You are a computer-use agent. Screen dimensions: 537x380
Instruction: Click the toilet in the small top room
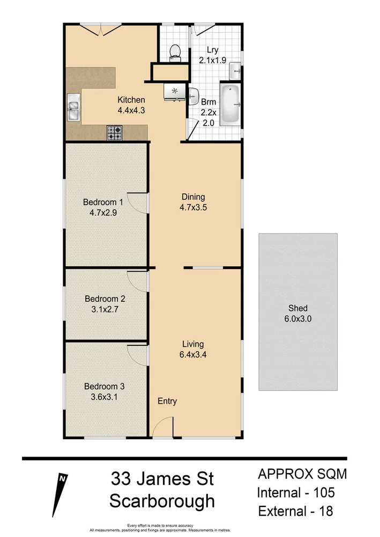click(175, 52)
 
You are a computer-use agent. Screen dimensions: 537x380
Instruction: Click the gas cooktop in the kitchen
click(114, 132)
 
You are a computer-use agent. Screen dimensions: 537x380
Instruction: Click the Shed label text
click(297, 308)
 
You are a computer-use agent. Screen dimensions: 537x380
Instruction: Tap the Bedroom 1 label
click(103, 202)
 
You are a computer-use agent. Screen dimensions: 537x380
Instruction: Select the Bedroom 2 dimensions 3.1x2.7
click(105, 309)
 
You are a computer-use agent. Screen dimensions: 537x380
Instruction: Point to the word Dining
click(193, 197)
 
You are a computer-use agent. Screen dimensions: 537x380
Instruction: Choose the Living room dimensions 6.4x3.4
click(193, 354)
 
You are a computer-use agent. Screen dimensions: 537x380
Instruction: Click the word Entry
click(167, 401)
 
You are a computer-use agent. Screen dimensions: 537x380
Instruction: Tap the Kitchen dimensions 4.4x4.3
click(131, 110)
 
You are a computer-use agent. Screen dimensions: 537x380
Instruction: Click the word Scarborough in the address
click(162, 502)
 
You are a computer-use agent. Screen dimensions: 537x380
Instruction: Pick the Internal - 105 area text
click(296, 492)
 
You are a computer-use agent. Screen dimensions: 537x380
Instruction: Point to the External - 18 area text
click(295, 511)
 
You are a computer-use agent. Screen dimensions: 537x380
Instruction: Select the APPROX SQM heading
click(302, 474)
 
